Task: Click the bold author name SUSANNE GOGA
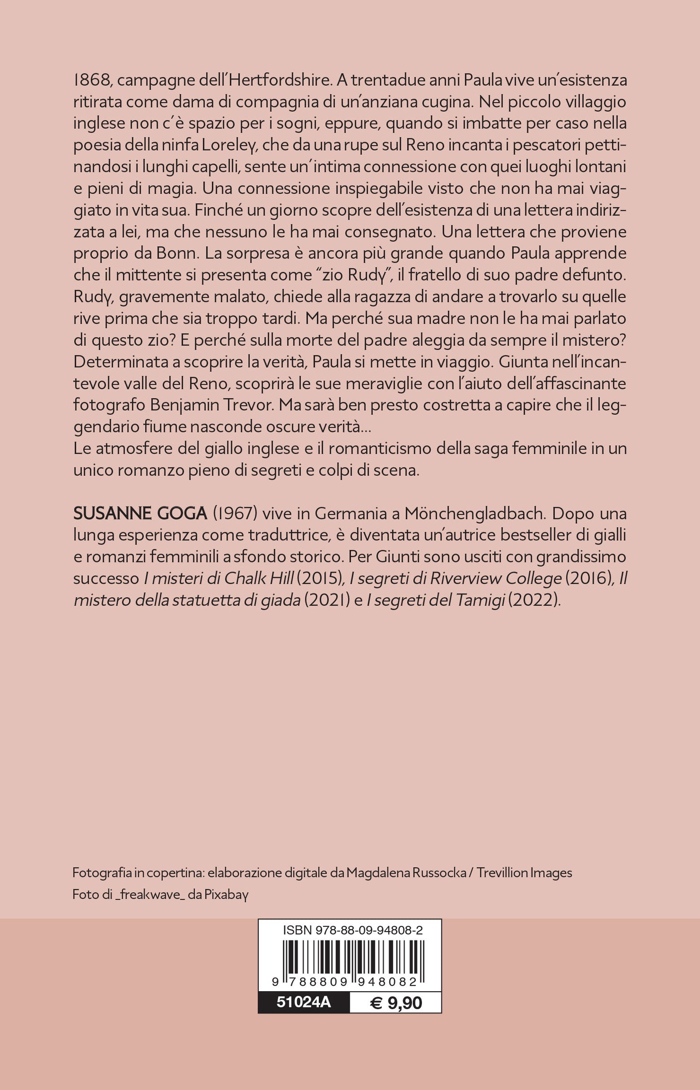pos(140,513)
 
